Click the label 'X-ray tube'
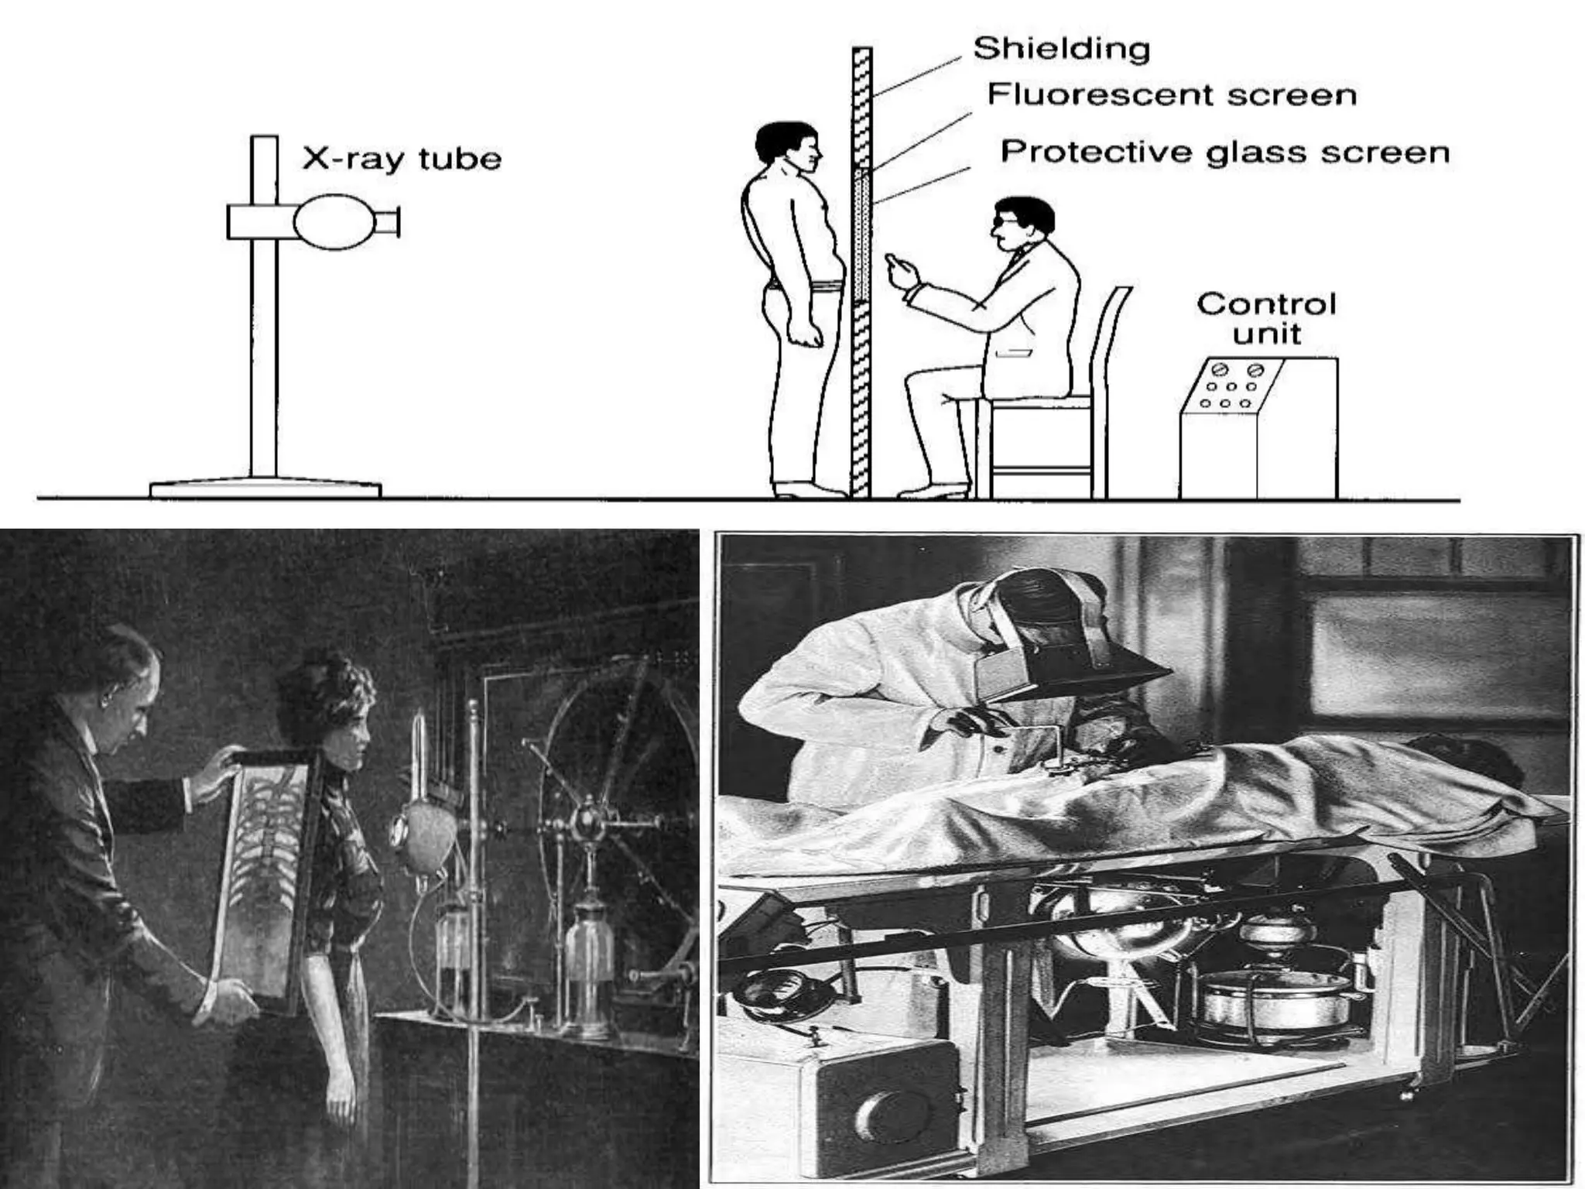[401, 159]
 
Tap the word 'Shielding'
[1061, 49]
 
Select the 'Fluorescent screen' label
[1172, 95]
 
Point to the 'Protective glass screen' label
[1224, 152]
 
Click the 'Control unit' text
[1266, 318]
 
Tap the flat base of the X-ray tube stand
[265, 489]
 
